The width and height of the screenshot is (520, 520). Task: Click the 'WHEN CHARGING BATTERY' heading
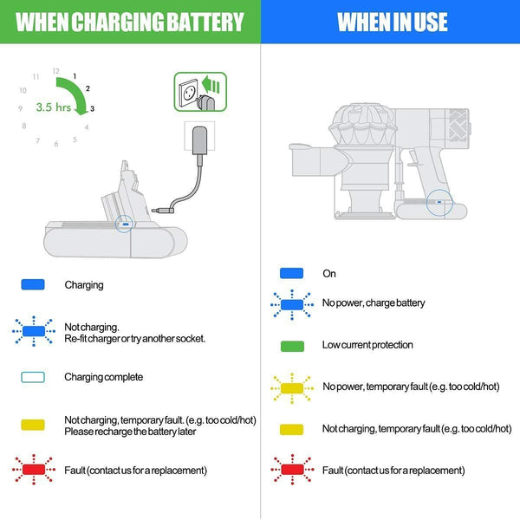[x=130, y=22]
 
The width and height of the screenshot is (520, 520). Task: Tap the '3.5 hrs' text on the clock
[x=54, y=108]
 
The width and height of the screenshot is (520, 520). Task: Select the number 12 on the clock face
[x=55, y=70]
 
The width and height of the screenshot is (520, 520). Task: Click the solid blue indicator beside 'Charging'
[x=33, y=284]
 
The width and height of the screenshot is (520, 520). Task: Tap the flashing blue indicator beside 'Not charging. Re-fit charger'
[x=33, y=332]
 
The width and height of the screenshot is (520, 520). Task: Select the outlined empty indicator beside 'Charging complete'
[x=33, y=378]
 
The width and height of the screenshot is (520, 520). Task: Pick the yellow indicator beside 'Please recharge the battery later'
[x=33, y=424]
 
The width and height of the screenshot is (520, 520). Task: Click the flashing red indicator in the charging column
[x=33, y=471]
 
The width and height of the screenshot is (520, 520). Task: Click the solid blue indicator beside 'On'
[x=291, y=273]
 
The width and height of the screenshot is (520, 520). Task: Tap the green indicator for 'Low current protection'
[x=291, y=345]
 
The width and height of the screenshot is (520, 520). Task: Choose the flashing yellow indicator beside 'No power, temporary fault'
[x=291, y=387]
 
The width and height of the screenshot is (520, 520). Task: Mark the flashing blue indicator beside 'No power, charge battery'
[x=291, y=303]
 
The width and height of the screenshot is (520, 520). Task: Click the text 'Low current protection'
[x=367, y=345]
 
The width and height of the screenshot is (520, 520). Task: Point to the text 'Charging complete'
[x=103, y=378]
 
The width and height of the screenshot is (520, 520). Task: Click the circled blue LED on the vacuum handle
[x=439, y=205]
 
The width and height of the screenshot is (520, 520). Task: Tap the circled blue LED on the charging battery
[x=127, y=223]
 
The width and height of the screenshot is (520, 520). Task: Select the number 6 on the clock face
[x=55, y=144]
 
